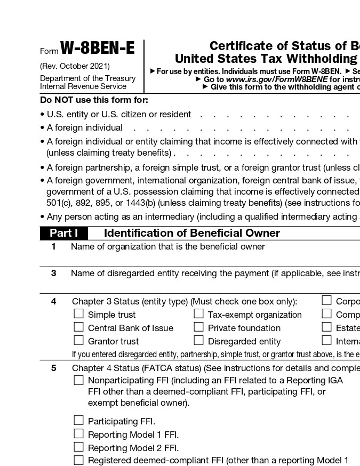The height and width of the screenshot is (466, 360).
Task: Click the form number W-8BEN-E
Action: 97,49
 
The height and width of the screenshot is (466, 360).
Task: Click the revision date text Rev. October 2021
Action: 75,66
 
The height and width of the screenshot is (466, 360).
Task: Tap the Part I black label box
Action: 64,233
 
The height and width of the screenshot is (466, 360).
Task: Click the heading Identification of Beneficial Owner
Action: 191,233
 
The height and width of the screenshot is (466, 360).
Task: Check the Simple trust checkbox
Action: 79,314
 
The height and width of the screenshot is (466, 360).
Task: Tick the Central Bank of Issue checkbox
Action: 79,327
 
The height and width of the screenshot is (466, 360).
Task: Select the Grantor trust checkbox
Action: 79,341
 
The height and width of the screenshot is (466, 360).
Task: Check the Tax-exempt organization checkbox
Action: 199,314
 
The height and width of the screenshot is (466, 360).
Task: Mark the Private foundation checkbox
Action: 199,327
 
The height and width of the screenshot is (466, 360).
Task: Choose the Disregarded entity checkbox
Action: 199,341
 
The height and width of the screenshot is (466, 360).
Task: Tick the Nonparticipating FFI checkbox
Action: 79,380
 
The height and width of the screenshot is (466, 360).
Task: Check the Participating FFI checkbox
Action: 79,421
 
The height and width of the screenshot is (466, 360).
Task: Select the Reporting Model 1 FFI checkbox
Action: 79,434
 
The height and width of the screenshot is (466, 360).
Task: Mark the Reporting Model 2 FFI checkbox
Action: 79,447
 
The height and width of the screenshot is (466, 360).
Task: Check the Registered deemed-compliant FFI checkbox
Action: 79,460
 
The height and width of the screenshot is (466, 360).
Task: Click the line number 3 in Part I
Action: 53,273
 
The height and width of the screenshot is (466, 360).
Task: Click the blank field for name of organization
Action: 213,258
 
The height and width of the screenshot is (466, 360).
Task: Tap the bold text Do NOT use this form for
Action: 94,100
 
